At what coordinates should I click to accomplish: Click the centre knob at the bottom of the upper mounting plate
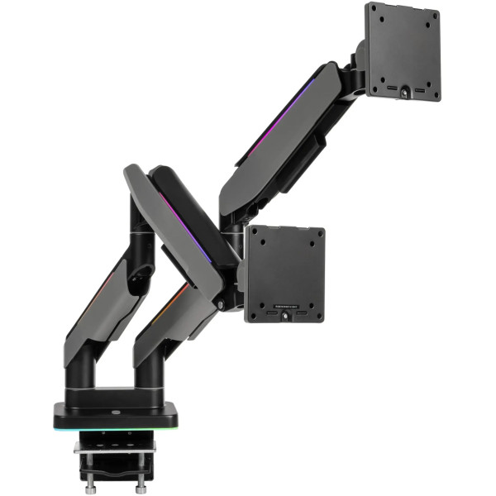click(403, 93)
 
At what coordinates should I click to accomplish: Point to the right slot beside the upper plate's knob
click(419, 88)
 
